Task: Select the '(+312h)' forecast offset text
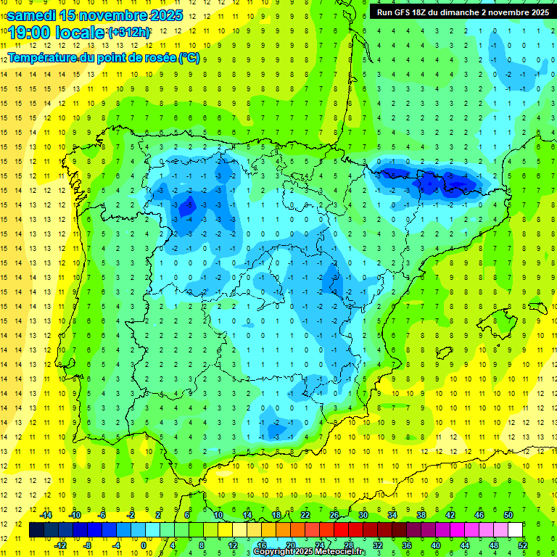pyautogui.click(x=130, y=32)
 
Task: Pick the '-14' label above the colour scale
pyautogui.click(x=45, y=515)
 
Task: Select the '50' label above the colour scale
pyautogui.click(x=508, y=515)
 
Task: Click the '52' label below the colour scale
pyautogui.click(x=523, y=545)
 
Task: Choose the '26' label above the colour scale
pyautogui.click(x=334, y=515)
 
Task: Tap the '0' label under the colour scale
pyautogui.click(x=143, y=545)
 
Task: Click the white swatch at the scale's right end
pyautogui.click(x=515, y=530)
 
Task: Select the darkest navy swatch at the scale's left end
pyautogui.click(x=36, y=530)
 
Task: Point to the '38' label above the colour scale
pyautogui.click(x=421, y=515)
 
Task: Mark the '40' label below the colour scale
pyautogui.click(x=435, y=545)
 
